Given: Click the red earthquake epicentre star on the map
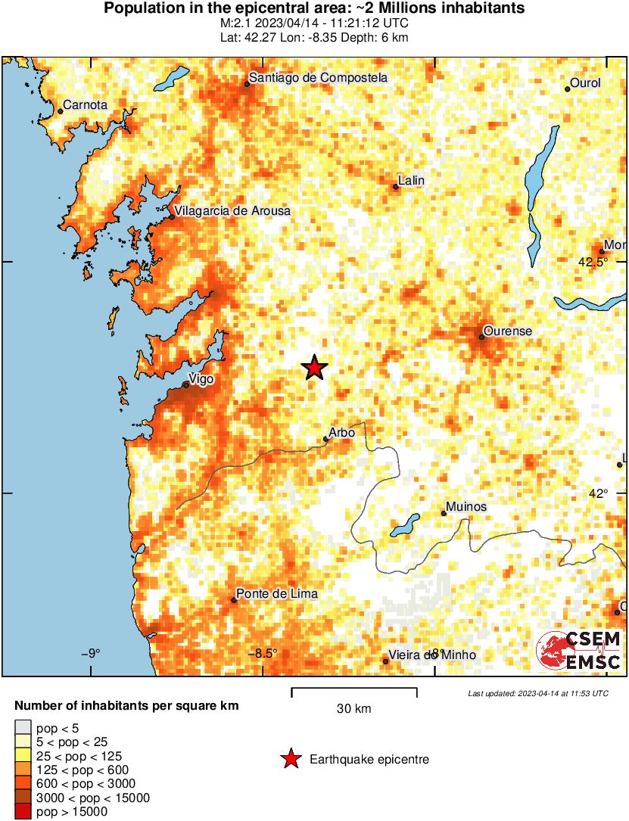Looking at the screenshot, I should click(314, 368).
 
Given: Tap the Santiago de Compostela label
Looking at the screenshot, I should click(319, 78).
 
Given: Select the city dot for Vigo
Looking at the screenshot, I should click(185, 384).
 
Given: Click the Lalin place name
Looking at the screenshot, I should click(411, 180).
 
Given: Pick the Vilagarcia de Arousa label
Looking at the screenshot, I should click(232, 211).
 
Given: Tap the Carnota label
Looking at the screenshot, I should click(86, 105).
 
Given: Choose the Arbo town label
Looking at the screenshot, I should click(342, 432).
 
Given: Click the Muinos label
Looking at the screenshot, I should click(466, 507).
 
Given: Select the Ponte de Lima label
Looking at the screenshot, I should click(276, 594).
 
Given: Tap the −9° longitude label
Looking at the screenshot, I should click(91, 654).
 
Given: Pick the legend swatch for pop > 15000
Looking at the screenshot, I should click(23, 812).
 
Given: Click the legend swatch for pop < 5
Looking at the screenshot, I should click(23, 729).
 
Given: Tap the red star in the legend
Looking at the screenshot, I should click(290, 759).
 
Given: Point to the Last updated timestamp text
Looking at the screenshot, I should click(537, 693).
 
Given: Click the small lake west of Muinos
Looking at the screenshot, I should click(406, 523).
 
